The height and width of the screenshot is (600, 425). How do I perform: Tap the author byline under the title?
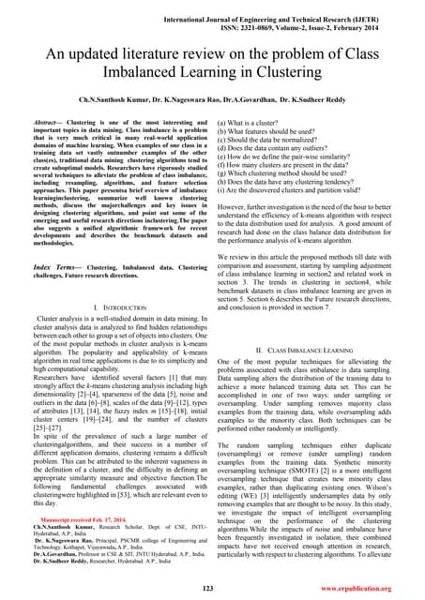(x=212, y=97)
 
